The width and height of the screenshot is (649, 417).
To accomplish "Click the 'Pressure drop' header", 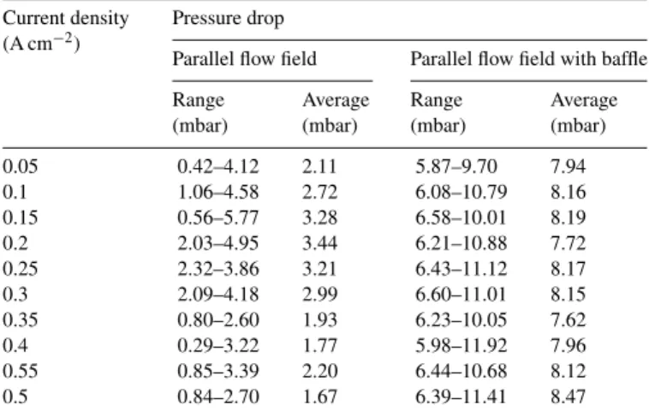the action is tap(228, 19).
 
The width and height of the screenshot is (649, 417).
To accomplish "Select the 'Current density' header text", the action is tap(65, 19).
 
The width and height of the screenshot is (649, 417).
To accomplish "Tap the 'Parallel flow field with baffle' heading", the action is tap(528, 59).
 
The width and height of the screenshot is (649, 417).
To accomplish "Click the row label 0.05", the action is tap(20, 166).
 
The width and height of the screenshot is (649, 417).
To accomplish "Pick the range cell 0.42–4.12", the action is tap(218, 166).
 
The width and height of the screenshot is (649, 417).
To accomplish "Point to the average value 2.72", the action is tap(319, 192).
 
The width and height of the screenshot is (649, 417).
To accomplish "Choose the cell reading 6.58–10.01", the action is tap(461, 217).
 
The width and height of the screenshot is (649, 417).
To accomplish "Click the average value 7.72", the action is tap(568, 243).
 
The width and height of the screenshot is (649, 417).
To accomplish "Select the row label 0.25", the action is tap(20, 269).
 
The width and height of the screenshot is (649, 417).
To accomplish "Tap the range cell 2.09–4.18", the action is tap(218, 295).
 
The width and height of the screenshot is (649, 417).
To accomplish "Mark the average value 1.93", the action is tap(319, 320).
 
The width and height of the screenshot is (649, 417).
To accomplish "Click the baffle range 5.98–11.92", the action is tap(461, 345).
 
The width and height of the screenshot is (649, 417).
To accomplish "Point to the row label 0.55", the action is tap(20, 371).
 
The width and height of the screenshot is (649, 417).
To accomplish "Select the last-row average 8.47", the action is tap(568, 396).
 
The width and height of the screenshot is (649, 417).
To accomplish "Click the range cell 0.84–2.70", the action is tap(218, 396).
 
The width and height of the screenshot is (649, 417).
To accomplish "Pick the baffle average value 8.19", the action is tap(568, 217).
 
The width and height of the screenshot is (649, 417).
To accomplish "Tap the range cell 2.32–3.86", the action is tap(218, 269).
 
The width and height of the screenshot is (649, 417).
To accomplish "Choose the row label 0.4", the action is tap(15, 345).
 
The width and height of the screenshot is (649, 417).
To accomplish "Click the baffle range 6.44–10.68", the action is tap(461, 371).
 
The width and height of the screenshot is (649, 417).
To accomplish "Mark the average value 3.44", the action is tap(319, 243).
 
